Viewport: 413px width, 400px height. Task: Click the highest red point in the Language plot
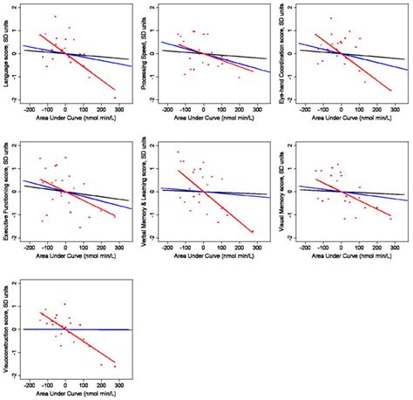pyautogui.click(x=55, y=17)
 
